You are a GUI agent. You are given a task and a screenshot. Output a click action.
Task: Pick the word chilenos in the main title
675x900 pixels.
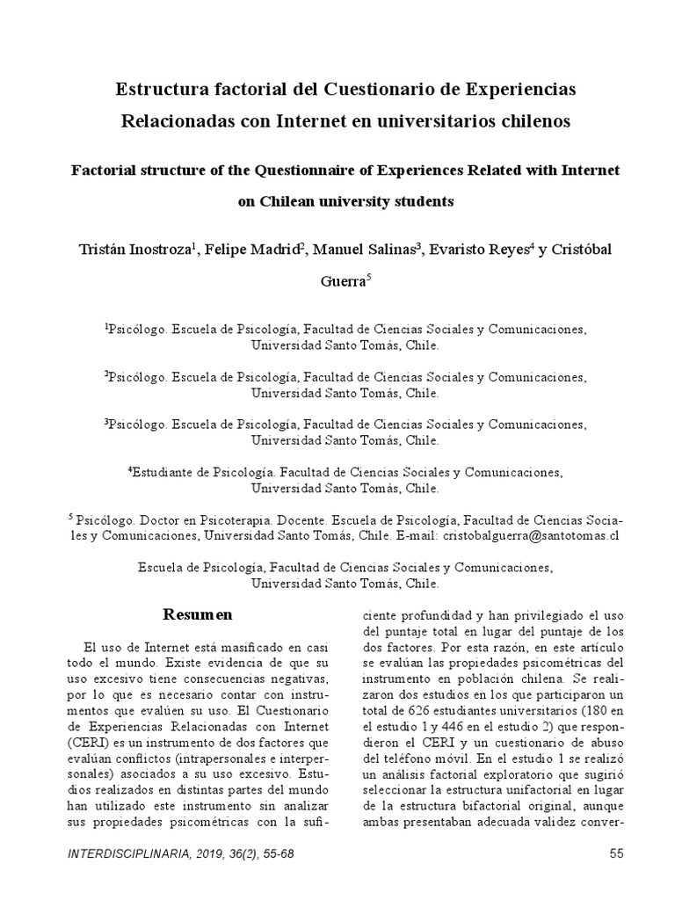tap(533, 121)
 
